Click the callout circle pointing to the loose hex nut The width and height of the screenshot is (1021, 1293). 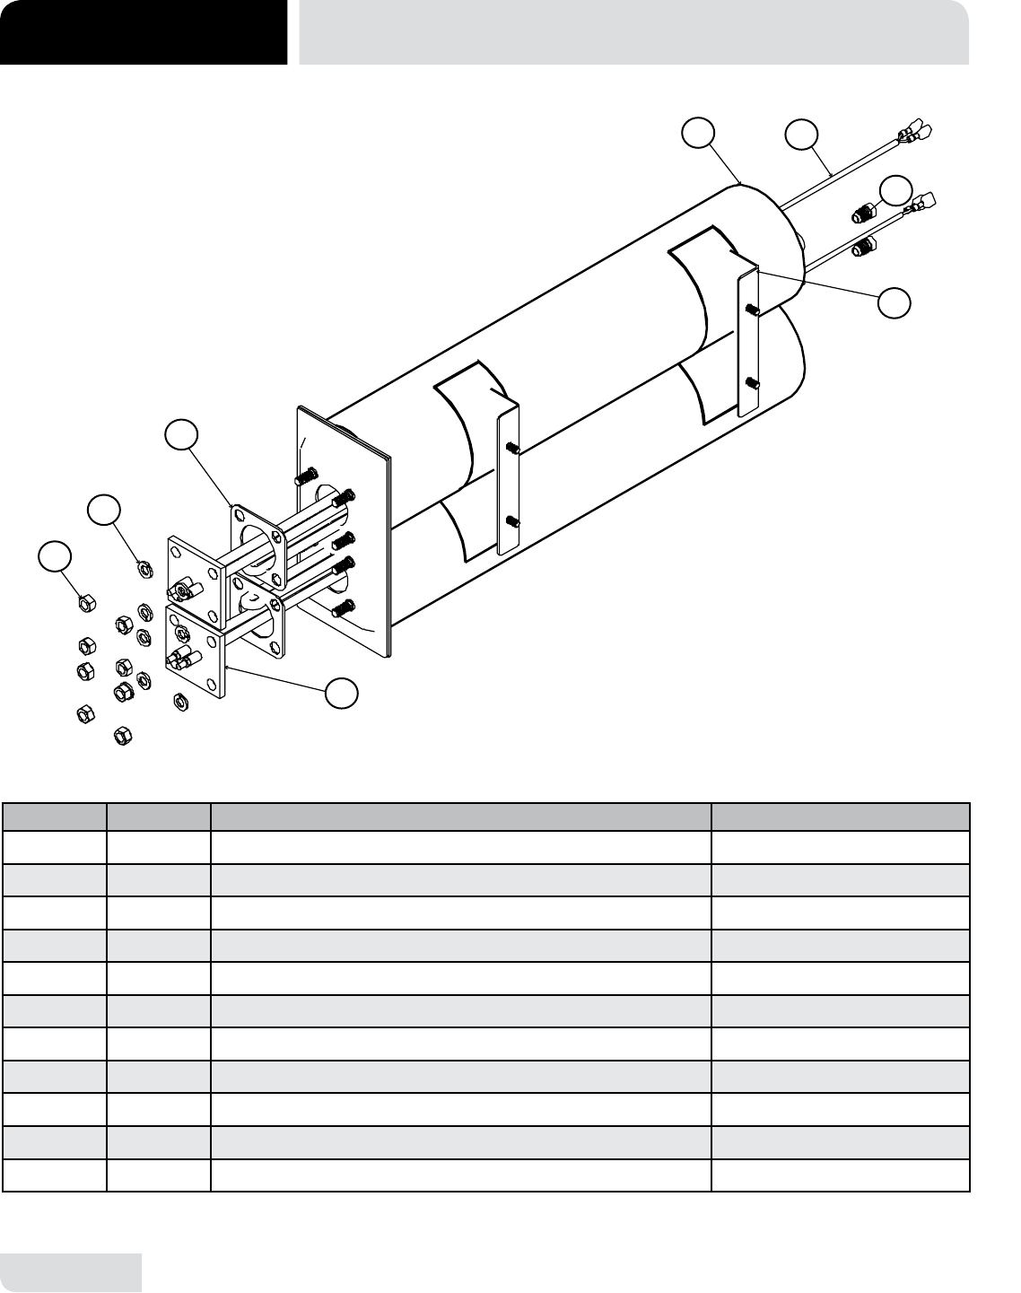coord(55,555)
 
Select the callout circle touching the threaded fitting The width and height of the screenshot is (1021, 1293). coord(894,191)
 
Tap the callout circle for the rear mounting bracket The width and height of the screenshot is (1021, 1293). coord(894,302)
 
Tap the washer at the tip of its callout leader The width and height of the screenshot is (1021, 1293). coord(141,567)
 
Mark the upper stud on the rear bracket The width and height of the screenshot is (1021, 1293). coord(753,310)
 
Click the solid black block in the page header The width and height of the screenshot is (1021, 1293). coord(144,32)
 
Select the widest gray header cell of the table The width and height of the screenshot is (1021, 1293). coord(460,817)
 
